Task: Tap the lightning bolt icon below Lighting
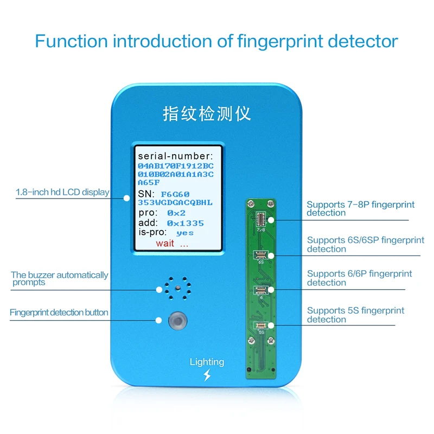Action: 207,375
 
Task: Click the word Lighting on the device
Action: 207,362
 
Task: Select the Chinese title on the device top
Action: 207,114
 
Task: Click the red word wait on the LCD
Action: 165,243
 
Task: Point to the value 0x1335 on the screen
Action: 185,223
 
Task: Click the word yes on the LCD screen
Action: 185,233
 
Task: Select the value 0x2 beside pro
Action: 176,213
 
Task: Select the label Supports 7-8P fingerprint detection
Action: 360,208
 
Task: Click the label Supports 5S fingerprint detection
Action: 355,315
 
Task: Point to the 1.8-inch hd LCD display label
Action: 62,192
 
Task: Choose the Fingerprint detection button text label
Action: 59,312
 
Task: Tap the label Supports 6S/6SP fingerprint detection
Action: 365,244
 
